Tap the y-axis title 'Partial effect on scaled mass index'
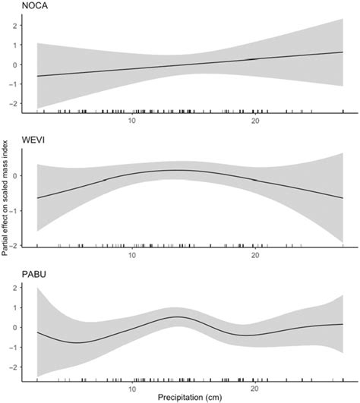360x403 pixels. [x=5, y=202]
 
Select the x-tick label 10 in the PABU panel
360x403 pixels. [x=132, y=385]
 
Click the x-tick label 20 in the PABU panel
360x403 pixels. [x=255, y=385]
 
